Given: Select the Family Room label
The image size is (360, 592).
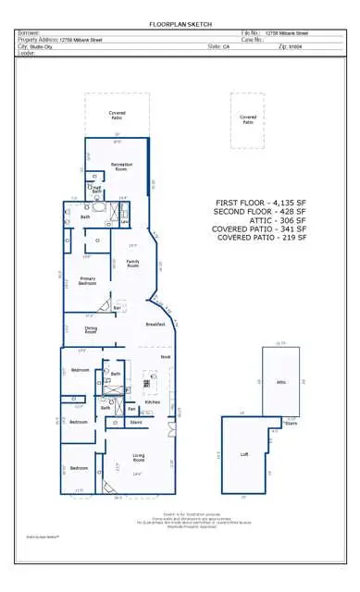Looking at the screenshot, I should coord(133,263).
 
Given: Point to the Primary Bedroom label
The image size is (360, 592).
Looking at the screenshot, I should coord(88,281).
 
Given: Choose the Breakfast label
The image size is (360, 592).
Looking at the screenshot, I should coord(155,325).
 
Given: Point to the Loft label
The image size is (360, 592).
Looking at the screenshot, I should coord(244,454).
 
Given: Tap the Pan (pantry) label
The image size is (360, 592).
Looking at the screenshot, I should coord(132,408).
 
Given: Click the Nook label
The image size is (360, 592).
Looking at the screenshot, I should coord(165,356).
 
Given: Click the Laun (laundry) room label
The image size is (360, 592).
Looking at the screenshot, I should coord(124,221).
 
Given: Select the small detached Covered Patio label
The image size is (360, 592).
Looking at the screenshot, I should coord(248,118).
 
